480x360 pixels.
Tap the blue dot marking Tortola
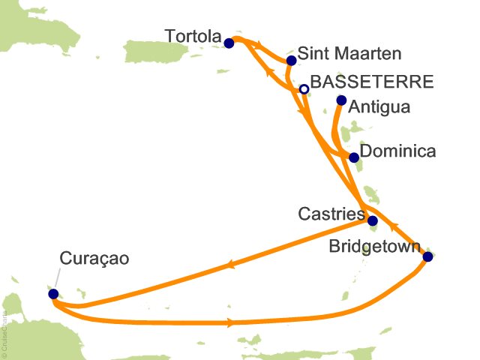(229, 43)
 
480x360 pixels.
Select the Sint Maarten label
(349, 54)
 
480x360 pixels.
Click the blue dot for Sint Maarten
(292, 61)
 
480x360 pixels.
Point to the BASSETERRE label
(371, 82)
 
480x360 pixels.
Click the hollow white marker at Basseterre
(304, 89)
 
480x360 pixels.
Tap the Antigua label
(379, 107)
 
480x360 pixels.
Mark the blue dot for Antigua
(341, 100)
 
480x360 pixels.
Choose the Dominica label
(398, 151)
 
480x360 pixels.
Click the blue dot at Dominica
(354, 157)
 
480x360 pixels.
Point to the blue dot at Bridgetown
(427, 256)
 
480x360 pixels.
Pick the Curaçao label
(94, 259)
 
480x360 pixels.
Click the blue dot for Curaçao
(53, 294)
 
